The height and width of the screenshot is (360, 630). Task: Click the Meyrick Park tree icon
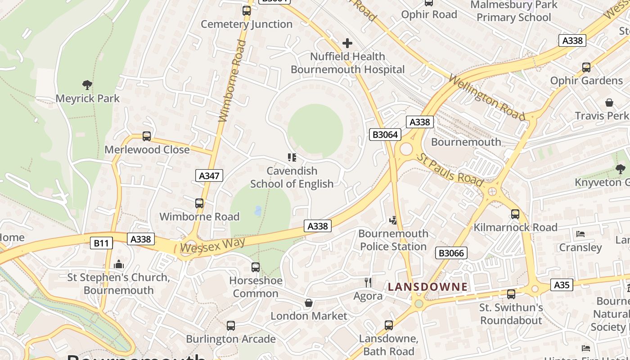87,85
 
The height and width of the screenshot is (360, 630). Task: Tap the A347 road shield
210,175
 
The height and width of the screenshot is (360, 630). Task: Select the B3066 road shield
451,253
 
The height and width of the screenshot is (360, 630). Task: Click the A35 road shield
562,284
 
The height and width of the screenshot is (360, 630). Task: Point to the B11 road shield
101,243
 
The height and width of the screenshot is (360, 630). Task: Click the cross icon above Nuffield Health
347,43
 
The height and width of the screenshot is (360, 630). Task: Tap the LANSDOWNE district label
428,287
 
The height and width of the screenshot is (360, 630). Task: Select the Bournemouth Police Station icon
393,220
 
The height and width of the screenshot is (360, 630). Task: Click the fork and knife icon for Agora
368,283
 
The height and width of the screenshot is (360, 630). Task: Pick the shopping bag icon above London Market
309,303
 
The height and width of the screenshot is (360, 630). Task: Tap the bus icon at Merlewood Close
147,136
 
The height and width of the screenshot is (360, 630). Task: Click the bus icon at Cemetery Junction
247,11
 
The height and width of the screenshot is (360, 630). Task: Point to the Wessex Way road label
212,245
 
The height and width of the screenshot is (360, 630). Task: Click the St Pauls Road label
450,170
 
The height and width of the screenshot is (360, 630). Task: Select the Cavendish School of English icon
292,157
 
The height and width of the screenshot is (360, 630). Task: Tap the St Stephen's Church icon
119,264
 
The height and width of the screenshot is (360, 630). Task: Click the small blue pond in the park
258,210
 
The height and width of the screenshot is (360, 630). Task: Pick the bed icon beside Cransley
580,234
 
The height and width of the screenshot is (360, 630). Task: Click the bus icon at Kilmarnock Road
515,214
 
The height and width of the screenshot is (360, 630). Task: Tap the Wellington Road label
487,98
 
